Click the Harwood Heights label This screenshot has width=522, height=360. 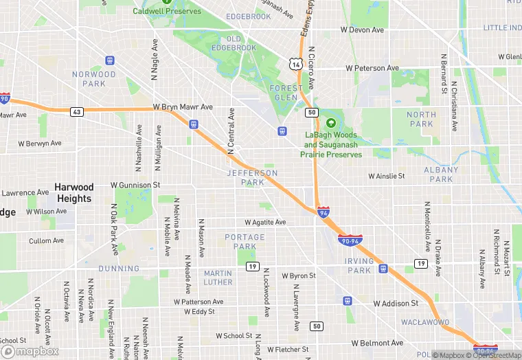[74, 193]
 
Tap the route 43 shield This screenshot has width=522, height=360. [76, 112]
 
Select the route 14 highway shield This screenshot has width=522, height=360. [295, 64]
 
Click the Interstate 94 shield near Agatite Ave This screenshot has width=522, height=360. [323, 212]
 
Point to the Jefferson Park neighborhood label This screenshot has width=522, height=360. [253, 178]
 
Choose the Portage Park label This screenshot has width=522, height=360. [245, 242]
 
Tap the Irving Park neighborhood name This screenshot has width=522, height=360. [359, 266]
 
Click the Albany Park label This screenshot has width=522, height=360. [441, 175]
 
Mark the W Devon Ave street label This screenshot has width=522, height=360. [362, 30]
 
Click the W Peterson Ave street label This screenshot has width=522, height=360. [372, 69]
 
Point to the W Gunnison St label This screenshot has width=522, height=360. [135, 185]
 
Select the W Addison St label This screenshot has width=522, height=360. [396, 303]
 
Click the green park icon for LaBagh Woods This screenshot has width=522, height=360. [331, 124]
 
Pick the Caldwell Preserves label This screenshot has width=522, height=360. [167, 11]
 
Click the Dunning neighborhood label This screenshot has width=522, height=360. [119, 269]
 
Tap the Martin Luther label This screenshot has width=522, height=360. [218, 278]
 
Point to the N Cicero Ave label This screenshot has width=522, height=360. [311, 68]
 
